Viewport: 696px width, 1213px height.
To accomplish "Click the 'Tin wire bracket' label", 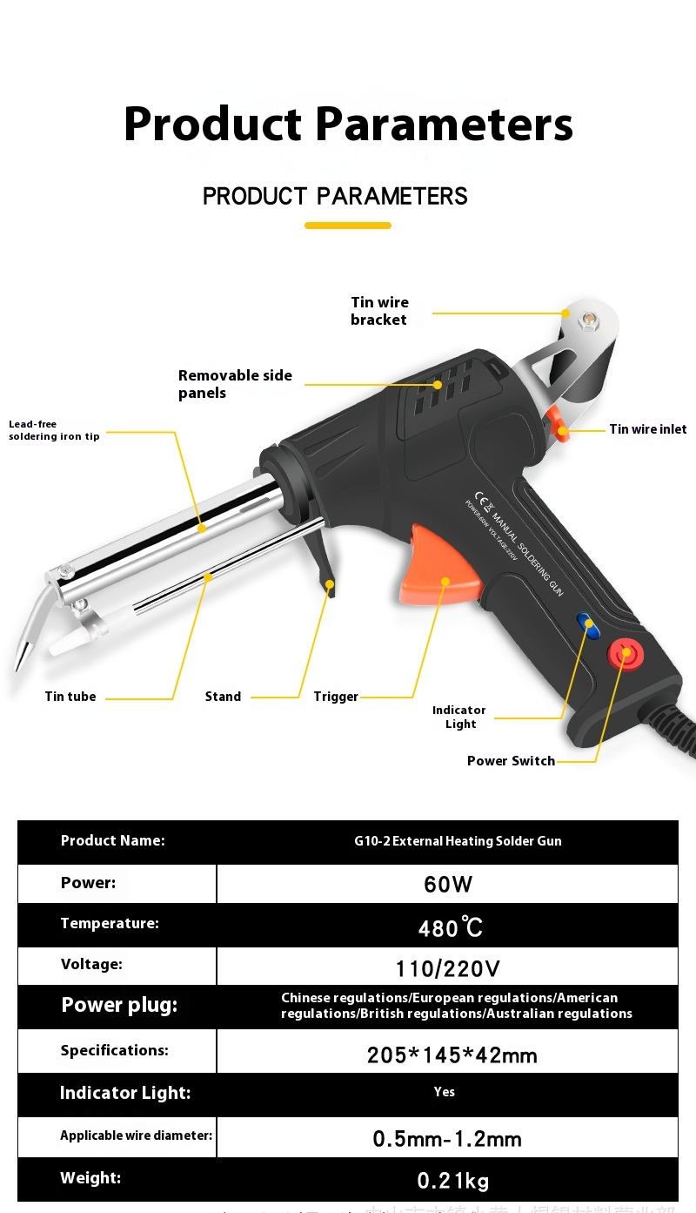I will pyautogui.click(x=379, y=311).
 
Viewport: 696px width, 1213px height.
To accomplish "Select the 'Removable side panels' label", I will pyautogui.click(x=235, y=384).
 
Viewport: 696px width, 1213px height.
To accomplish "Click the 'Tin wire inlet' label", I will pyautogui.click(x=647, y=429).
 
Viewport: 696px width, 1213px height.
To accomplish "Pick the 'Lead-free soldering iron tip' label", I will pyautogui.click(x=54, y=430).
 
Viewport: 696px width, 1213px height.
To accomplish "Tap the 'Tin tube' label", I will pyautogui.click(x=70, y=697).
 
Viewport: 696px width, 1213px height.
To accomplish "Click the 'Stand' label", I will pyautogui.click(x=223, y=697).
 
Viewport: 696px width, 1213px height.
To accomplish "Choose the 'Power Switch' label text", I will pyautogui.click(x=511, y=761).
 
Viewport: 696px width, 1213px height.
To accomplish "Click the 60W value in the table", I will pyautogui.click(x=448, y=885).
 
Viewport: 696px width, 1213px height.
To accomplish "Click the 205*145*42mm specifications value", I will pyautogui.click(x=452, y=1055).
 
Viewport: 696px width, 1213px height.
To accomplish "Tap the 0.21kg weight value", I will pyautogui.click(x=452, y=1181).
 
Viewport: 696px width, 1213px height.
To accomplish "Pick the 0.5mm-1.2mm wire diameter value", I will pyautogui.click(x=447, y=1139).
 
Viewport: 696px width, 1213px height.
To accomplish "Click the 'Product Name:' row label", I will pyautogui.click(x=112, y=841).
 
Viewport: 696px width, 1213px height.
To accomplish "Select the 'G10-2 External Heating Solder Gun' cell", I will pyautogui.click(x=458, y=841).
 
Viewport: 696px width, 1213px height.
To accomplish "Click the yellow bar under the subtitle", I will pyautogui.click(x=347, y=226).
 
